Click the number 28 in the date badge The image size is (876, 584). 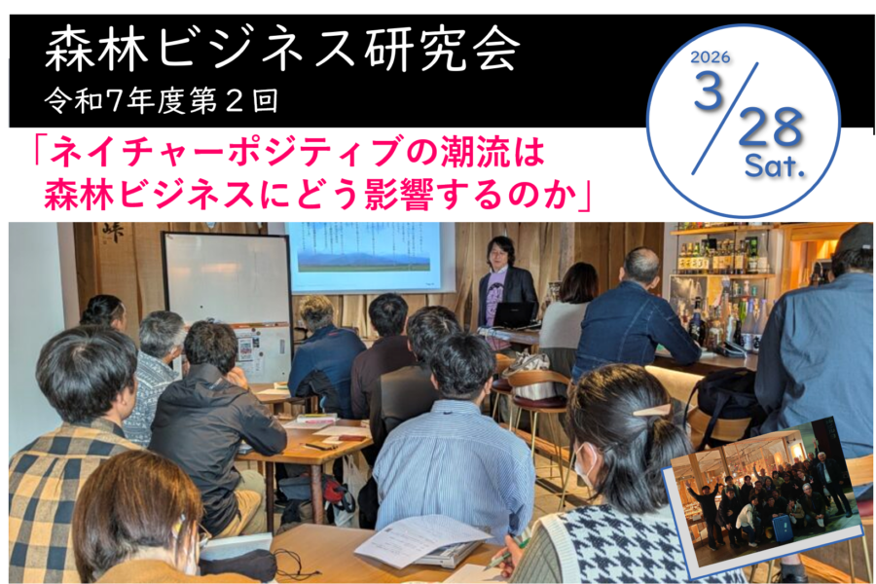pyautogui.click(x=770, y=128)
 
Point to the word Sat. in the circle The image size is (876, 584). pyautogui.click(x=775, y=167)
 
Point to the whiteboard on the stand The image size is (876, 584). pyautogui.click(x=227, y=282)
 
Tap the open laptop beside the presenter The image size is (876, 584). pyautogui.click(x=514, y=315)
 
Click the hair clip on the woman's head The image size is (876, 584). pyautogui.click(x=651, y=410)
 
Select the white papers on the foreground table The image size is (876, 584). pyautogui.click(x=409, y=539)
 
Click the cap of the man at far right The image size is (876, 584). pyautogui.click(x=855, y=238)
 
